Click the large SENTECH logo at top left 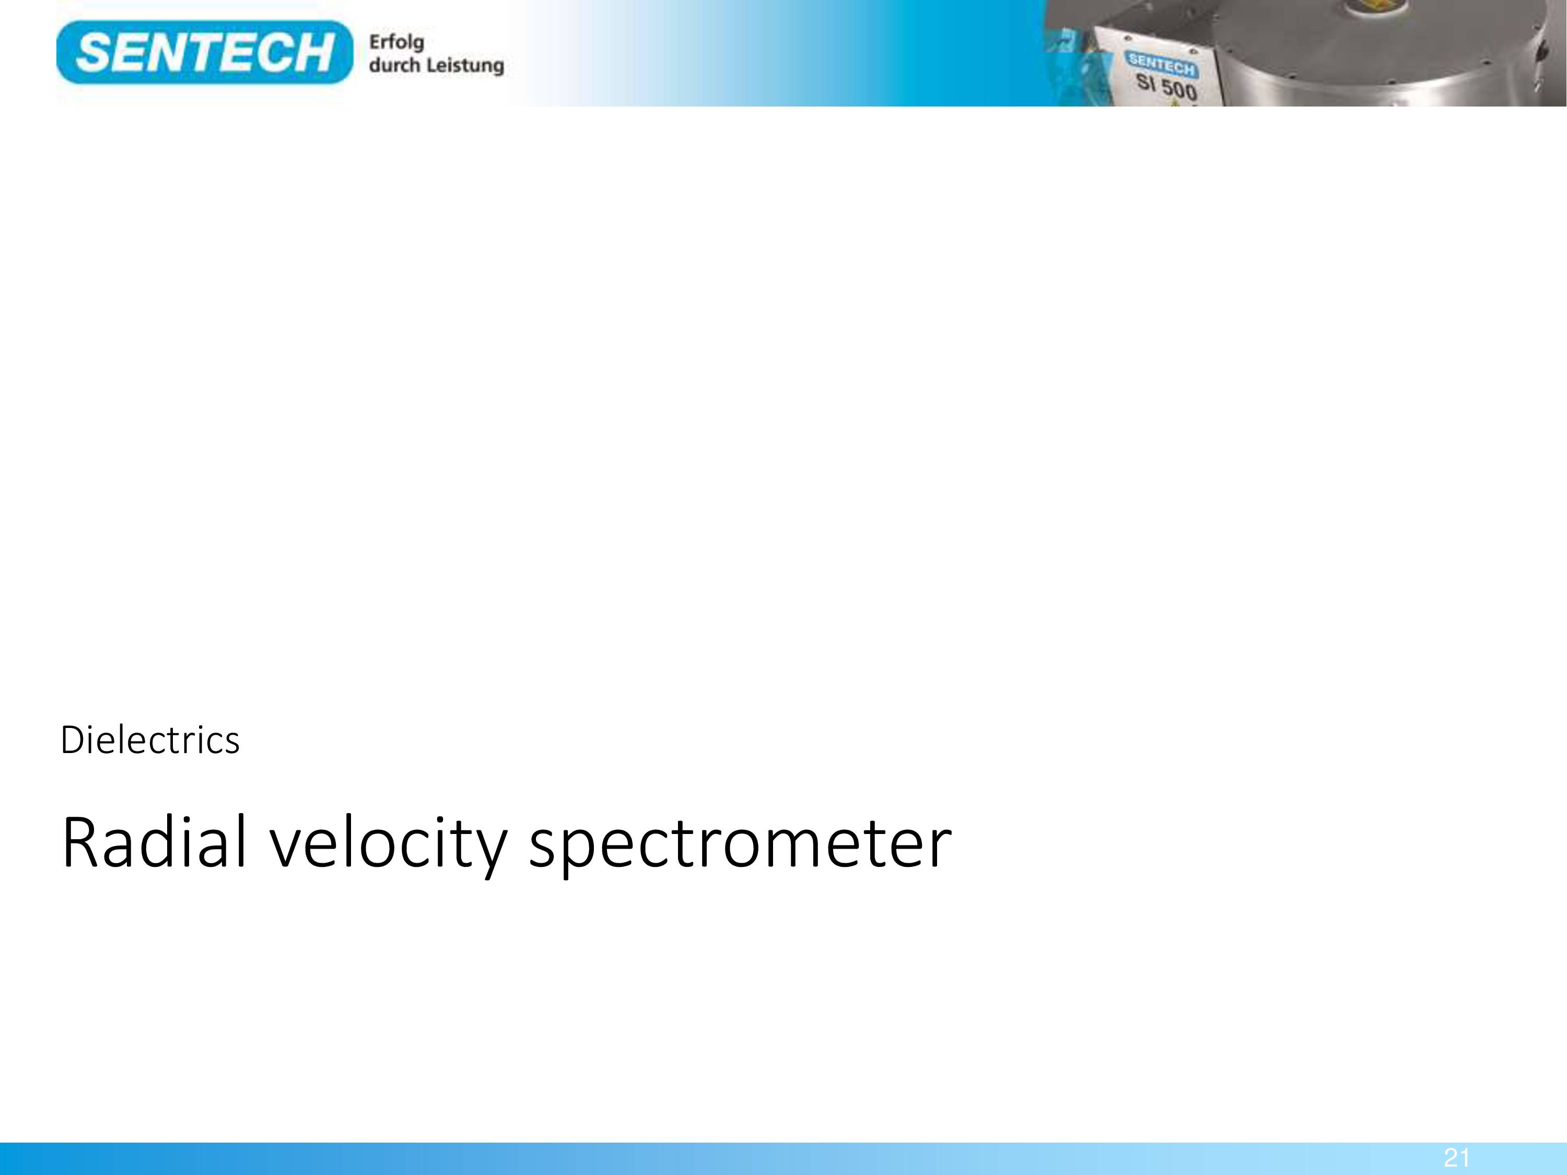click(x=204, y=52)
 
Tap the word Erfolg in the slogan click(x=396, y=42)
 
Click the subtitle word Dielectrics click(x=150, y=740)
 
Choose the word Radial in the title click(x=155, y=842)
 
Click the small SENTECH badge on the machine click(x=1161, y=64)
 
